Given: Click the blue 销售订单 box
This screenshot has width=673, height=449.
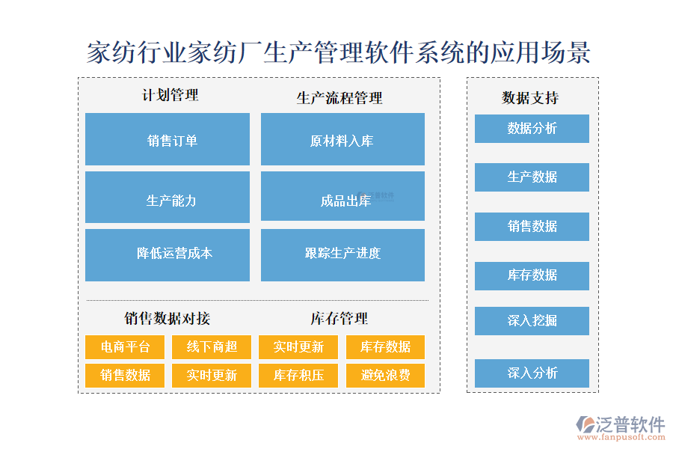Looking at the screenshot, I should (x=168, y=139).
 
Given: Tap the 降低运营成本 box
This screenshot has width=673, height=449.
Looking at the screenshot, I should (x=168, y=254).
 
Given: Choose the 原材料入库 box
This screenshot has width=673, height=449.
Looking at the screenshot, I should (x=342, y=139).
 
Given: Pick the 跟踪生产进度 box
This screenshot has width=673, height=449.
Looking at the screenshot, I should (x=342, y=254).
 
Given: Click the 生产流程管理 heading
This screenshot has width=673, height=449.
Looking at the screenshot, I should (x=339, y=98).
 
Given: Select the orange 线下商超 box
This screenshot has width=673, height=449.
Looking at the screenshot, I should (x=212, y=347).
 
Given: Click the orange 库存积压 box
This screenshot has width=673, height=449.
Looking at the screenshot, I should (x=298, y=375).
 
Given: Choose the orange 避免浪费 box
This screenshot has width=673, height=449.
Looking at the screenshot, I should (x=385, y=375).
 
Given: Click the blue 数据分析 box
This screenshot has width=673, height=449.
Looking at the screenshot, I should (x=532, y=129).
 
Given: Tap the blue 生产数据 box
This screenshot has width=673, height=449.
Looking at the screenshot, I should (x=532, y=177).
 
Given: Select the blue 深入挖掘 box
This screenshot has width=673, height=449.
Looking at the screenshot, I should (x=532, y=321).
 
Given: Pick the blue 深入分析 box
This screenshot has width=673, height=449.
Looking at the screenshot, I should (x=532, y=373).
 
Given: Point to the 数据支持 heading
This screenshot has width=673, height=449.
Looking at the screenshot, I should (x=530, y=98).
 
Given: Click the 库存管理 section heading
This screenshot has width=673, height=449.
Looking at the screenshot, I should (x=339, y=319).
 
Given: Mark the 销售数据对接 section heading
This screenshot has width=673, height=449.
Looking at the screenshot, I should (x=168, y=319).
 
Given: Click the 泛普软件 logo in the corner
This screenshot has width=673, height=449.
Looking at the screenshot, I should (x=621, y=427).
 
